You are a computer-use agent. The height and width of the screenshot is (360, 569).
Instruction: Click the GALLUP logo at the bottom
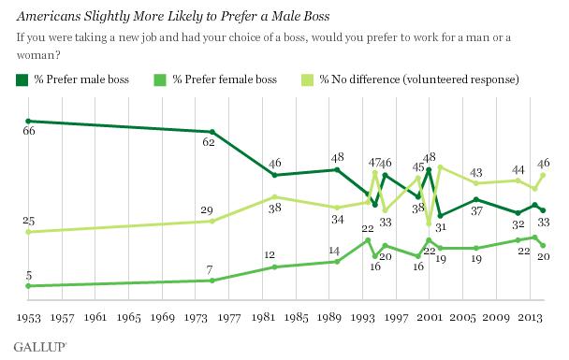40,347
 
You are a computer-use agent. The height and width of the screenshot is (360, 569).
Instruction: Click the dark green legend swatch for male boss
22,80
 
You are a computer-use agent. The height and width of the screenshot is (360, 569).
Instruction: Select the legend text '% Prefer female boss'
225,79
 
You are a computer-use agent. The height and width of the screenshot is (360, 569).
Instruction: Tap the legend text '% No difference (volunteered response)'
419,79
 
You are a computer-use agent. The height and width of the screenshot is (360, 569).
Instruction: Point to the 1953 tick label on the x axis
29,318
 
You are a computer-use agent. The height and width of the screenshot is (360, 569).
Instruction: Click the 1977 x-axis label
229,318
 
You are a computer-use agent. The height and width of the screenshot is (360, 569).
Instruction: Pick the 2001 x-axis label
430,318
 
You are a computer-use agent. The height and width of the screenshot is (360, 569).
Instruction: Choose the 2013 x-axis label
531,318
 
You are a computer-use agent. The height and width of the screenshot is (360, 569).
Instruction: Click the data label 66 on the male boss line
29,131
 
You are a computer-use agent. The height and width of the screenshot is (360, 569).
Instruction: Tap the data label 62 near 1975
209,142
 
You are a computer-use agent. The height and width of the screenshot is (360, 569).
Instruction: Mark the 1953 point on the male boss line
28,121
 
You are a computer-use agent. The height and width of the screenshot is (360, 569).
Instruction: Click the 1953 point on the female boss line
28,286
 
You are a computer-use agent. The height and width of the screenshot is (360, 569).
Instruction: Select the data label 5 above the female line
29,276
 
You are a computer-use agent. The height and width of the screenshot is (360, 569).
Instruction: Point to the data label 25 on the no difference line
29,221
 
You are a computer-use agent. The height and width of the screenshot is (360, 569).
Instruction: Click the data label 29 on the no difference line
207,210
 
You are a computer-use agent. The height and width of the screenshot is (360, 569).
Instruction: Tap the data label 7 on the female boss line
210,270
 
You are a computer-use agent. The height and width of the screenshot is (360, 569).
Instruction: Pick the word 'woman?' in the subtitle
38,55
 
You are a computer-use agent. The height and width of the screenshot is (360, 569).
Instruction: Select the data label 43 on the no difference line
476,172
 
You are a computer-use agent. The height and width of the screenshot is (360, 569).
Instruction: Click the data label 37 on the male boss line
477,210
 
